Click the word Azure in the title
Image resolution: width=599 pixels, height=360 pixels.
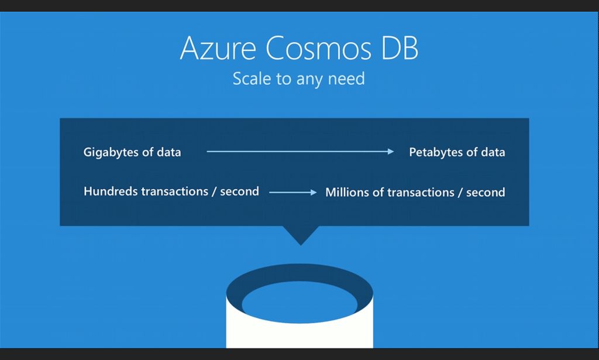click(218, 48)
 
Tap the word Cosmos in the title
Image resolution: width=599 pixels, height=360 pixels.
click(319, 48)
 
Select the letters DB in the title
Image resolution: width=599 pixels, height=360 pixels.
click(400, 48)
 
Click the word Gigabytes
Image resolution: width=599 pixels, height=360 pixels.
click(111, 152)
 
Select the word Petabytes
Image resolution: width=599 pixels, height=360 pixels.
click(436, 152)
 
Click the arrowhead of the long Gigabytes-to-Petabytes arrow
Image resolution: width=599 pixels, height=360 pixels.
click(391, 152)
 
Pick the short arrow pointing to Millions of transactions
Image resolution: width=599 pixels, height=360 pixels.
click(293, 192)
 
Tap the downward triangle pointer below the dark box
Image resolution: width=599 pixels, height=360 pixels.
click(301, 234)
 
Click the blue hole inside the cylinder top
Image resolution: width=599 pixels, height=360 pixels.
click(300, 303)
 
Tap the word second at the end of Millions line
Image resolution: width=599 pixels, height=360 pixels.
click(486, 192)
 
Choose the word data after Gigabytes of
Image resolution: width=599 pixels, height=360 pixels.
click(169, 152)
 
